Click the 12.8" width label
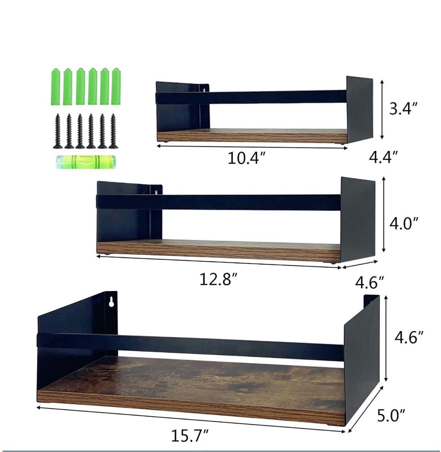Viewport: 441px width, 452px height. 219,279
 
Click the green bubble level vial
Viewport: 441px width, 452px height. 87,162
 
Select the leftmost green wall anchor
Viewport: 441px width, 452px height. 56,87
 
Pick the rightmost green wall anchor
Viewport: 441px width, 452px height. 116,87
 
